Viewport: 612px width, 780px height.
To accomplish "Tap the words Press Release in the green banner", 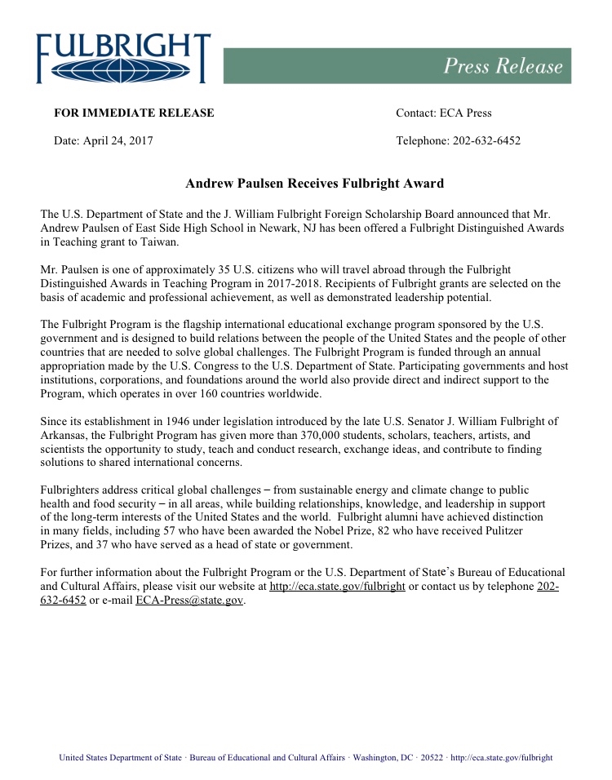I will tap(503, 66).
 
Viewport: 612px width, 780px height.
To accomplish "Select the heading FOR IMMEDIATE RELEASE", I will tap(134, 113).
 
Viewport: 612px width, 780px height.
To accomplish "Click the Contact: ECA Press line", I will tap(443, 113).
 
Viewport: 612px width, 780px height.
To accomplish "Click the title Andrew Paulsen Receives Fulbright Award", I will tap(314, 184).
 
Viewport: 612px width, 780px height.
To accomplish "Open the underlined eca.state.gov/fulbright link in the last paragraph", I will tap(337, 587).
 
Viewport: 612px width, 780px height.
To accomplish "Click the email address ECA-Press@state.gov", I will tap(189, 601).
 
